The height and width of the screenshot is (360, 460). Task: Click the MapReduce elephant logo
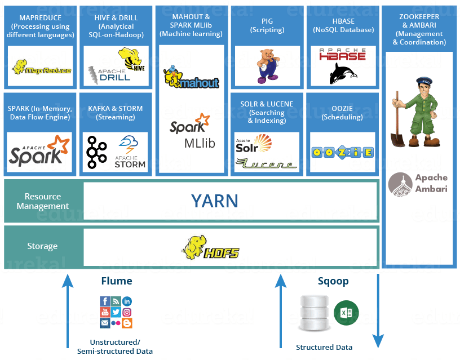tap(42, 67)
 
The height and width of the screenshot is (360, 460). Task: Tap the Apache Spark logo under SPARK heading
tap(39, 150)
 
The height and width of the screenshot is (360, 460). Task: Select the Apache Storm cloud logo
tap(130, 152)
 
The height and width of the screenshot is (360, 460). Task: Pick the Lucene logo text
tap(267, 164)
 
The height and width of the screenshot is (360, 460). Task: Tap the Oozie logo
tap(342, 153)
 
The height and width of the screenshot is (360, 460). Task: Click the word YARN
tap(214, 201)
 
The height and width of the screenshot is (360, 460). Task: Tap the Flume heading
tap(117, 281)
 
